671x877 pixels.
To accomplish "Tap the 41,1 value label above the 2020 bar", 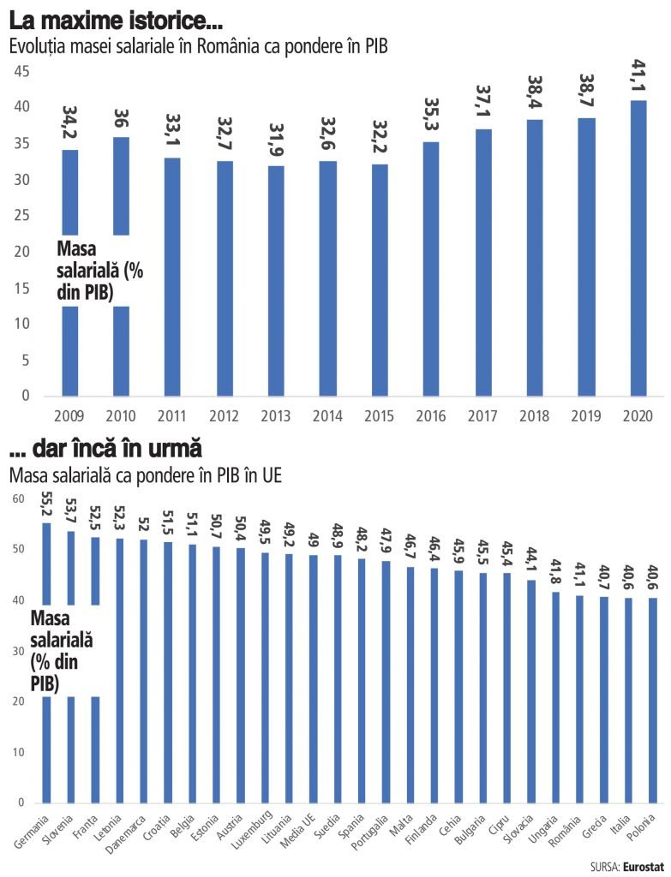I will pos(638,78).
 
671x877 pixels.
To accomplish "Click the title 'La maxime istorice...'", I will pos(111,18).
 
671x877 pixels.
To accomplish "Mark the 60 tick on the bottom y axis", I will pos(18,498).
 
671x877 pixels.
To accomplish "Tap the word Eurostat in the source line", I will pos(643,867).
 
